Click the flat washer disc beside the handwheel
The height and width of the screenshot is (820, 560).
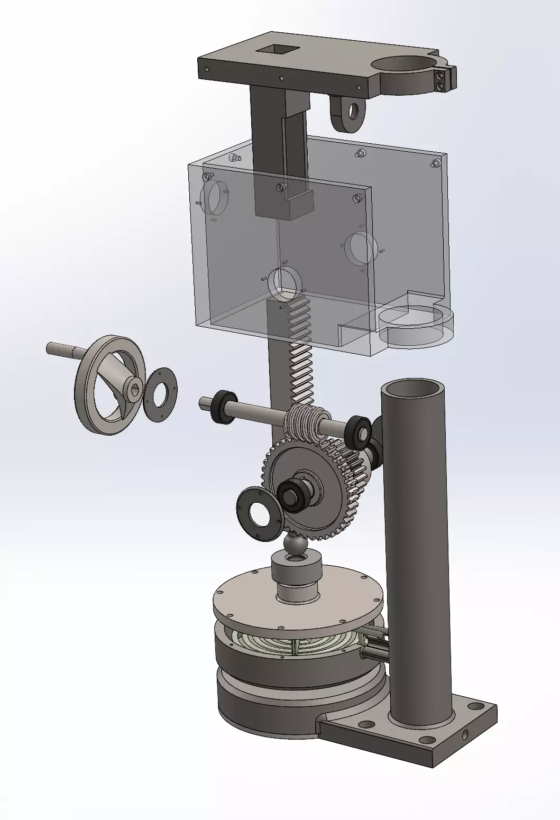[x=161, y=394]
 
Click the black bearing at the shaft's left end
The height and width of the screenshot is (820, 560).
[x=224, y=407]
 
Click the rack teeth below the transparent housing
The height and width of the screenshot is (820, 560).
[x=302, y=360]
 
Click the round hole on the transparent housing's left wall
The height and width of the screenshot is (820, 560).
[x=214, y=196]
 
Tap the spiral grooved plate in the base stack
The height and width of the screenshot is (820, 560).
[x=296, y=645]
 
